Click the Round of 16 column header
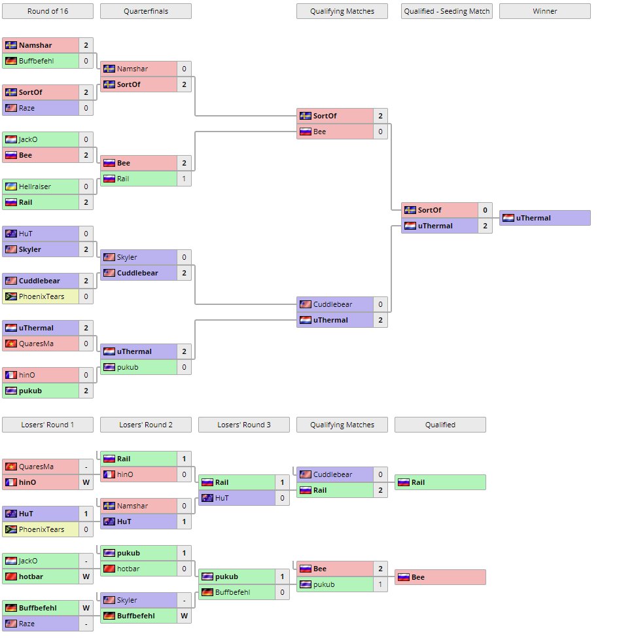pos(48,11)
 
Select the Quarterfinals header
pos(146,11)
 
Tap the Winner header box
pos(545,11)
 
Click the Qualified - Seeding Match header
pos(447,11)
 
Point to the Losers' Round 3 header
pos(244,425)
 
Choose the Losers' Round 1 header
pos(48,425)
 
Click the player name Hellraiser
pos(35,186)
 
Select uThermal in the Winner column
pos(533,218)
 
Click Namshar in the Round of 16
pos(35,45)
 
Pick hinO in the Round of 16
pos(27,375)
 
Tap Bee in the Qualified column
pos(418,577)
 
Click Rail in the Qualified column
pos(419,482)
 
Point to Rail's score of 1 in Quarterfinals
pos(185,179)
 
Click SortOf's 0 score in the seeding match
pos(485,210)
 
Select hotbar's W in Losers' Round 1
pos(86,576)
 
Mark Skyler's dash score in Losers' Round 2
pos(185,600)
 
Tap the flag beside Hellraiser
pos(10,186)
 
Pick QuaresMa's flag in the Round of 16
pos(10,344)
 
